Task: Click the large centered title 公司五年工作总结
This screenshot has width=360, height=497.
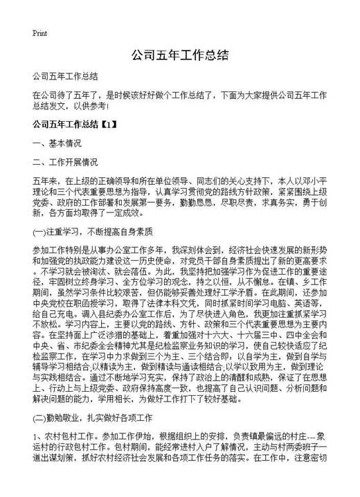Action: point(179,55)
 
